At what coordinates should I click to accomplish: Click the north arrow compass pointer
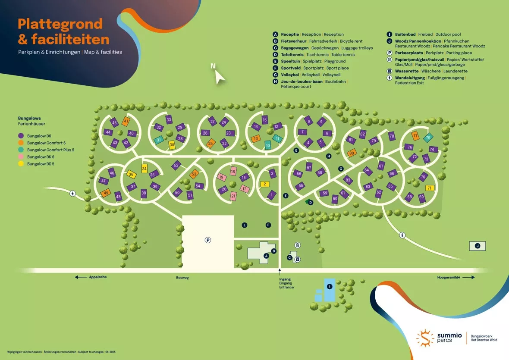(x=220, y=76)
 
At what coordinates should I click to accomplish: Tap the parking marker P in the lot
(x=207, y=240)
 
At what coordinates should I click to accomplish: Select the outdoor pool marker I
(x=330, y=286)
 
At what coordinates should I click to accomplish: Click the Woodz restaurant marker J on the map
(x=477, y=246)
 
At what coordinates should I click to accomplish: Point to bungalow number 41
(x=126, y=122)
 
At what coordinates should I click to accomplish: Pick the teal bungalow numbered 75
(x=428, y=138)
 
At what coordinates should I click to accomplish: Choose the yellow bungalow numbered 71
(x=429, y=188)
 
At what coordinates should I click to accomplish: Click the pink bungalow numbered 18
(x=233, y=172)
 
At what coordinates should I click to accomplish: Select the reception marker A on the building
(x=266, y=256)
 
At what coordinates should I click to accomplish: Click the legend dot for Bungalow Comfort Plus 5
(x=21, y=150)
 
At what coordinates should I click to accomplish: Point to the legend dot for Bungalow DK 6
(x=21, y=157)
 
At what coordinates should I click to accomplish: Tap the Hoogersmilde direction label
(x=450, y=277)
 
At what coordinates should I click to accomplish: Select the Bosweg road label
(x=182, y=278)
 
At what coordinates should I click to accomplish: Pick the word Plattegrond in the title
(x=60, y=24)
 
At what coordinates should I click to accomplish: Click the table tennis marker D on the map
(x=311, y=202)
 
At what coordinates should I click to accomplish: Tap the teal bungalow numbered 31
(x=159, y=140)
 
